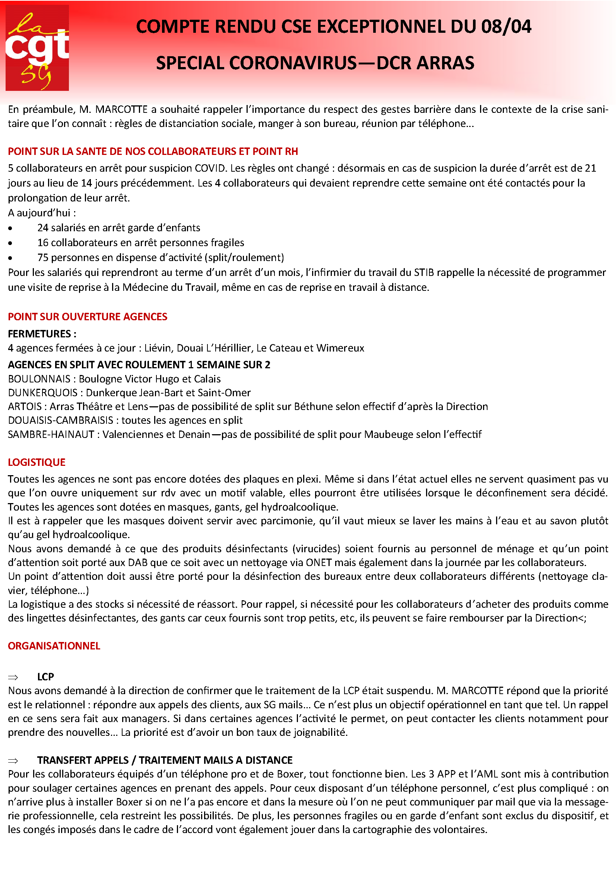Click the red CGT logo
37,48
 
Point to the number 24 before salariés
42,228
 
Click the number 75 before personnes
42,258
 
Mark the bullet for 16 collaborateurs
10,243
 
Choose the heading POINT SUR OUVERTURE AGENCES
88,317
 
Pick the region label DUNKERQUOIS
42,392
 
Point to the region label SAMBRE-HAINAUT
51,434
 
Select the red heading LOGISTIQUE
37,462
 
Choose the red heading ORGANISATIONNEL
54,646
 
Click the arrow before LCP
13,677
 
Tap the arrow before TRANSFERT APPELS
13,760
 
